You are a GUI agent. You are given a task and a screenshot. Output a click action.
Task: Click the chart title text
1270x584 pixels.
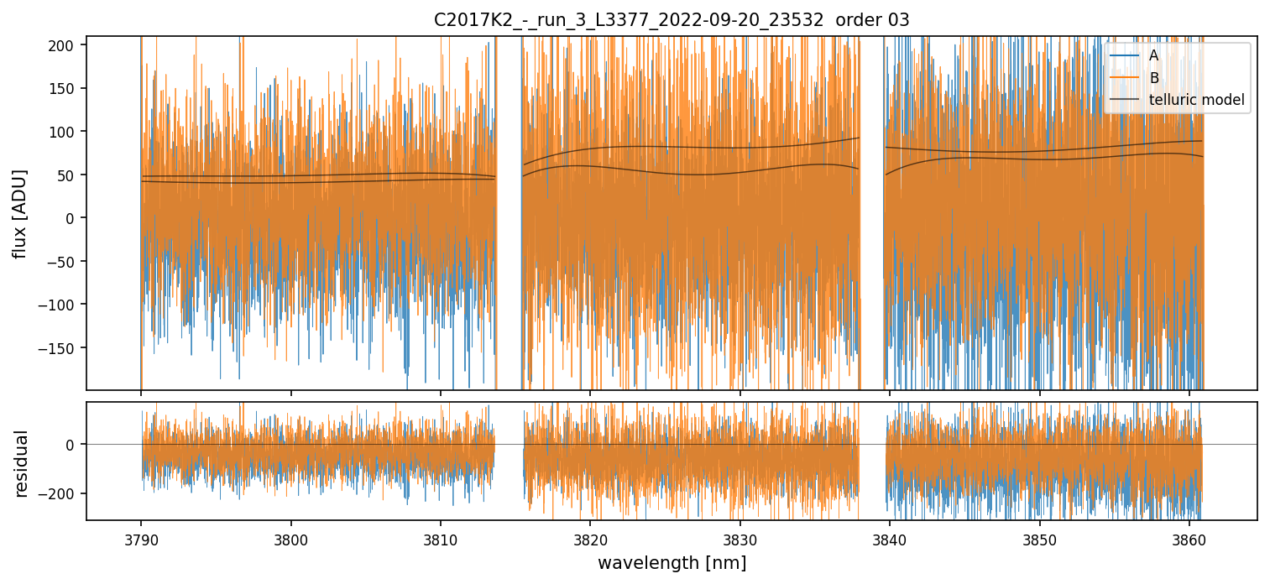click(671, 20)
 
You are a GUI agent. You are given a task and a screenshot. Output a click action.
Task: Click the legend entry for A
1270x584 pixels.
click(1153, 55)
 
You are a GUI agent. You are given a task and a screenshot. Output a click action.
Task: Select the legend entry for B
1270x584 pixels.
click(1153, 78)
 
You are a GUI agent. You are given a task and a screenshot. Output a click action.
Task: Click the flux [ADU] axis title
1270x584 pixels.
click(19, 213)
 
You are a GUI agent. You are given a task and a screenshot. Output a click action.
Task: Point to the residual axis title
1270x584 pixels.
click(21, 462)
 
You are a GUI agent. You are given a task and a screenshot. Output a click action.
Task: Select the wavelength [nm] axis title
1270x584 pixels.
click(671, 562)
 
